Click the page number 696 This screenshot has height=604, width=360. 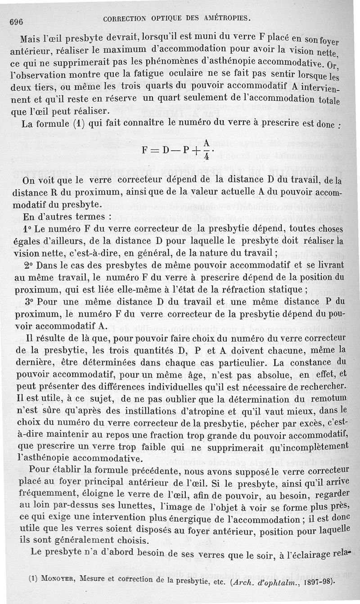click(x=15, y=22)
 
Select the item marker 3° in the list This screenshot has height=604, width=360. click(x=28, y=301)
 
